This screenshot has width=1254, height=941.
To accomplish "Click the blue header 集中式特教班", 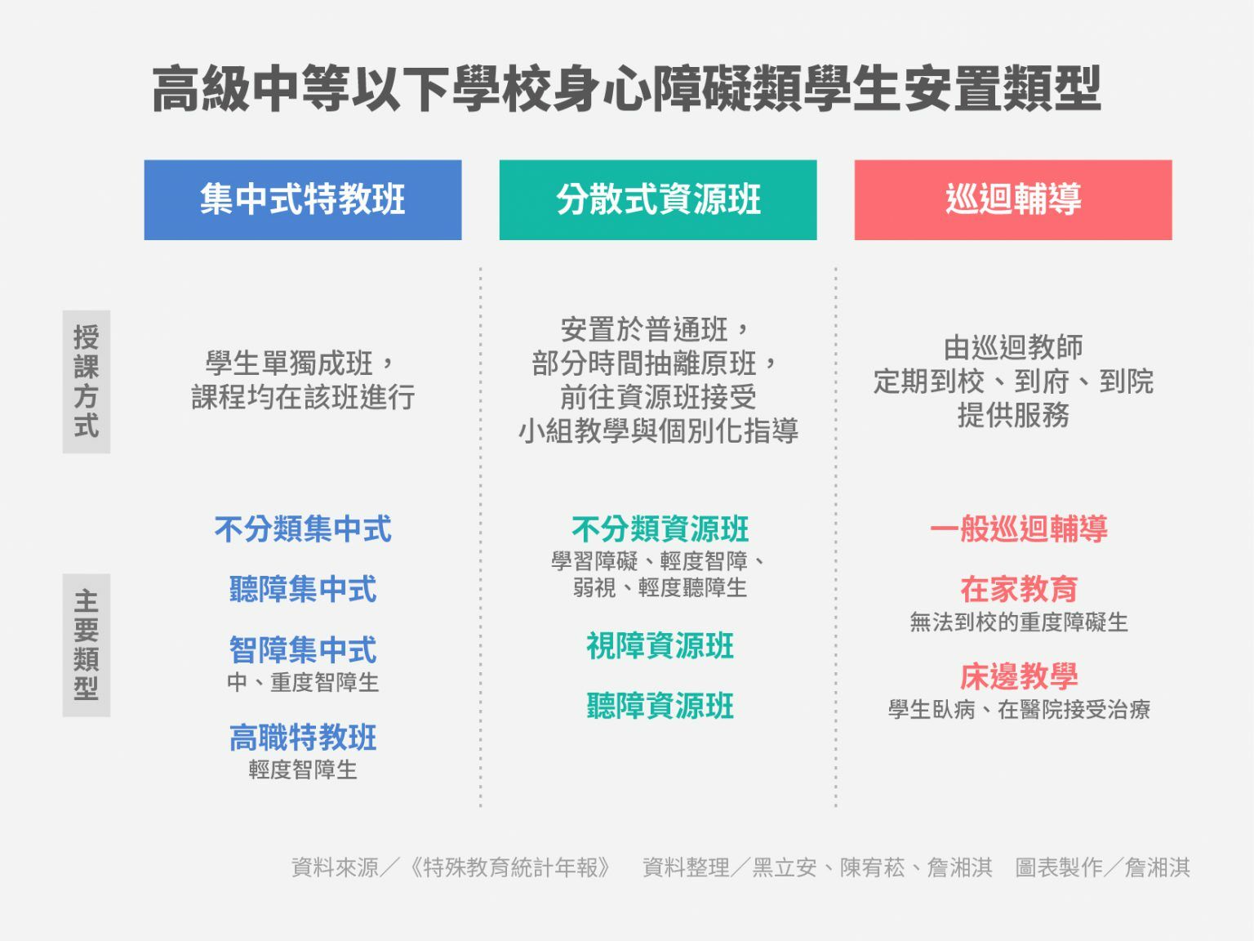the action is point(303,199).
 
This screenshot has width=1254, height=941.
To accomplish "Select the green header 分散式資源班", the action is point(658,199).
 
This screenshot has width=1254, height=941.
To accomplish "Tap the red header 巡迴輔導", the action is point(1013,199).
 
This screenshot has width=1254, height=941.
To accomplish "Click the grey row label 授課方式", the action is point(87,381).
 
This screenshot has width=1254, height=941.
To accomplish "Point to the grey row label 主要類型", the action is point(87,645).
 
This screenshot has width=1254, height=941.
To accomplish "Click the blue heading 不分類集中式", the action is point(303,528).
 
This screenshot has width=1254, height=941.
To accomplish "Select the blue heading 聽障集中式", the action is point(303,589).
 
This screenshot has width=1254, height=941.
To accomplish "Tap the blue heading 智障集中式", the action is point(303,649).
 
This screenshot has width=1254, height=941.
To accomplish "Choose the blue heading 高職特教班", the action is point(303,738).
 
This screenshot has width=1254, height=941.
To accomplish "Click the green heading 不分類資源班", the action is point(660,528).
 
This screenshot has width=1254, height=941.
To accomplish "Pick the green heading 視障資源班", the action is point(660,646).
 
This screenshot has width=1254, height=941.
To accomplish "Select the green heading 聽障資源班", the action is point(660,706).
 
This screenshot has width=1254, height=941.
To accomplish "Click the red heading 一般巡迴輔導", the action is point(1019,528).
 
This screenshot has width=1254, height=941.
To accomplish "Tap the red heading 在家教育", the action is point(1019,589).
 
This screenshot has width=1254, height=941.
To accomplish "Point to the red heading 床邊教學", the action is point(1019,676).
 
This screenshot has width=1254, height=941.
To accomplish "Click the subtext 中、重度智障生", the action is point(303,682).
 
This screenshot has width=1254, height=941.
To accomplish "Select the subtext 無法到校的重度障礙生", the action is point(1019,622).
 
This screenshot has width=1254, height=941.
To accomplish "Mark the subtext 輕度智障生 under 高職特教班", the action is point(303,769).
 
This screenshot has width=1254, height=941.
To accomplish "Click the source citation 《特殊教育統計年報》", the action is point(510,867).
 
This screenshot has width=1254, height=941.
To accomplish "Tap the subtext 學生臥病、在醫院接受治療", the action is point(1019,710).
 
